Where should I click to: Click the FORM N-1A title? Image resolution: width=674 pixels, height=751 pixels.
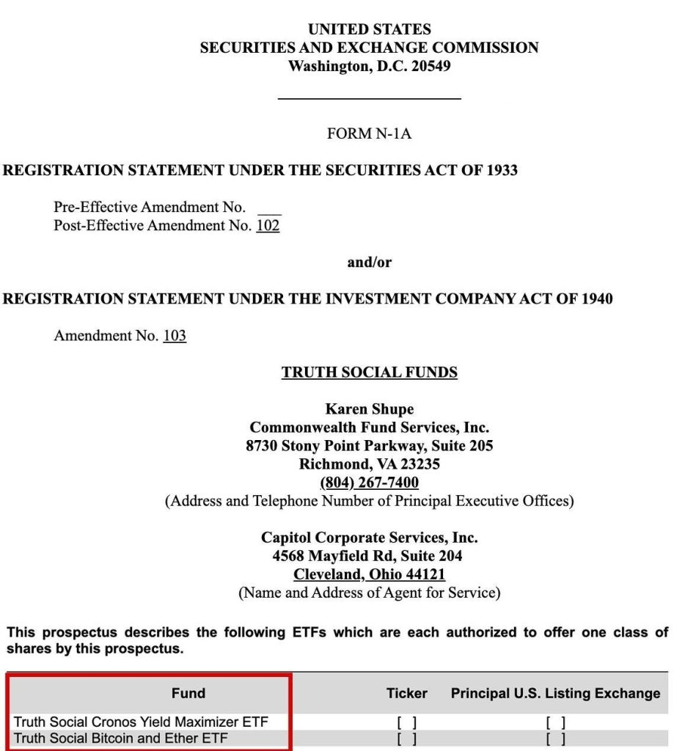[369, 134]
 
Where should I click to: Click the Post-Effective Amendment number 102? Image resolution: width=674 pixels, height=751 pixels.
[268, 225]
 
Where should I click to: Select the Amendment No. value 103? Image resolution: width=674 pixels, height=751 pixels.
[175, 336]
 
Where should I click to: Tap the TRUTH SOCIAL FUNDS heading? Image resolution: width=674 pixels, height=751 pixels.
[369, 373]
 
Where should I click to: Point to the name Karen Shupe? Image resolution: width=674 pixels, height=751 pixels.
[369, 409]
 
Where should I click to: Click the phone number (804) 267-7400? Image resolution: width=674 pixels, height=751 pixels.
[369, 483]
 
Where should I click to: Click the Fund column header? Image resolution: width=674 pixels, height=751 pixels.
[188, 693]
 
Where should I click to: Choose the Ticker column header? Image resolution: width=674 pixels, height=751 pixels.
[407, 693]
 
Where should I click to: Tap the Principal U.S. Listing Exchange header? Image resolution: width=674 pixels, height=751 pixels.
[555, 693]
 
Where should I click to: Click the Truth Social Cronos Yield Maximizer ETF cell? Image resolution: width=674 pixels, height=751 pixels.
[141, 722]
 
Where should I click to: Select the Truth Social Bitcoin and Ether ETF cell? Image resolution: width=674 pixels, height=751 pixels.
[120, 738]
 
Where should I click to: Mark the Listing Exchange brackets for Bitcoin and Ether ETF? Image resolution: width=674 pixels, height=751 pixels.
[555, 739]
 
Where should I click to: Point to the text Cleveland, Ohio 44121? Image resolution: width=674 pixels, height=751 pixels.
[369, 575]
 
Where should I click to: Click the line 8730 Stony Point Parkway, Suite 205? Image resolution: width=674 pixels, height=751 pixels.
[369, 445]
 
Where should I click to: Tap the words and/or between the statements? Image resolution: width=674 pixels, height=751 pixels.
[369, 263]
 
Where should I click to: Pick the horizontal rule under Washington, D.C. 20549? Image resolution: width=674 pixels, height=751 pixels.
[369, 98]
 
